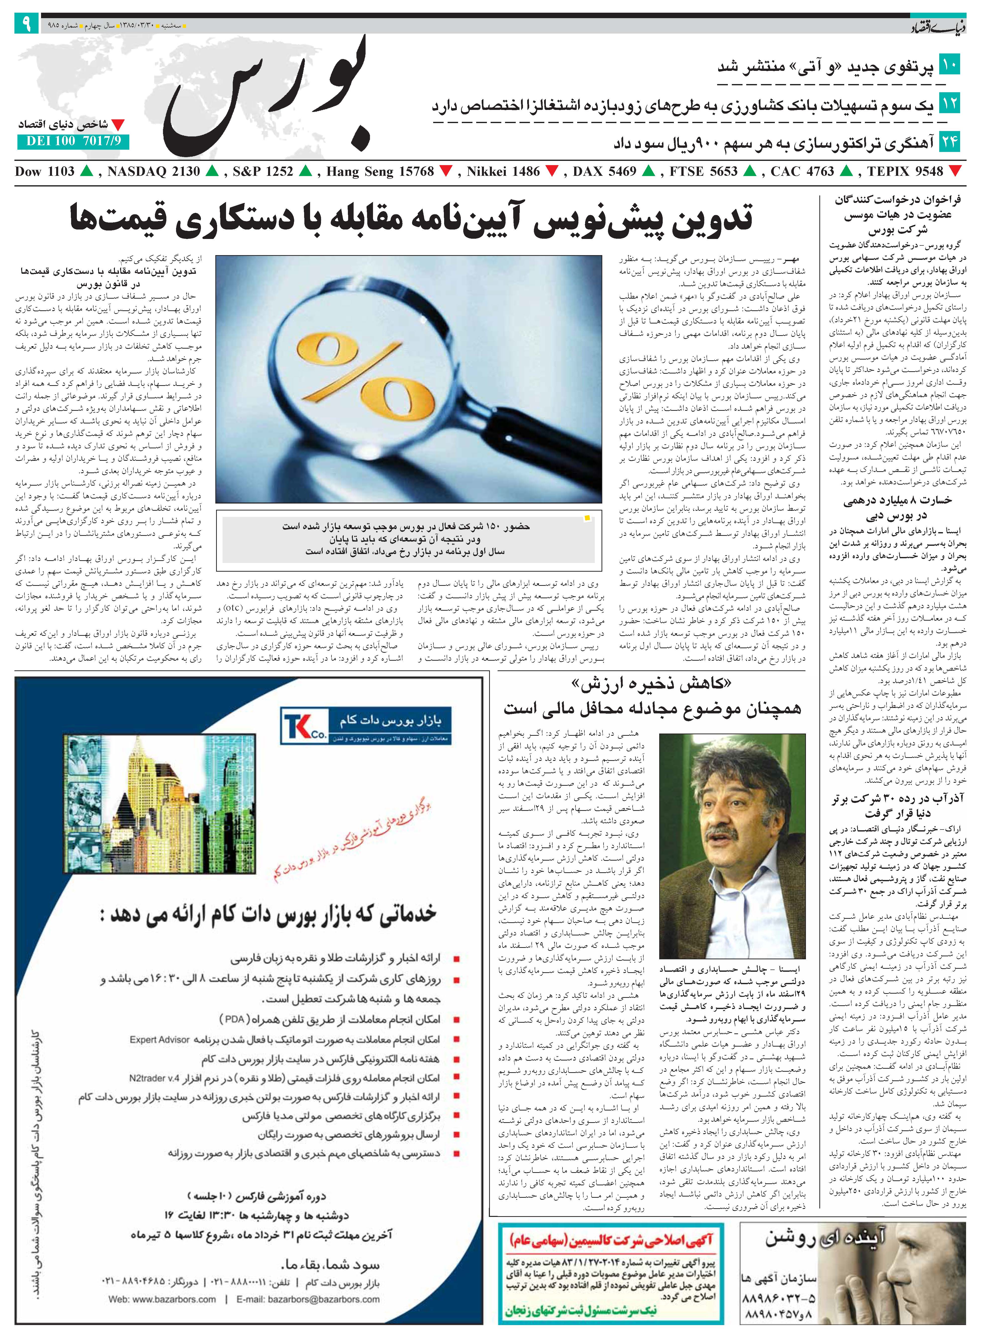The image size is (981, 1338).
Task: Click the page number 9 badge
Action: [x=27, y=24]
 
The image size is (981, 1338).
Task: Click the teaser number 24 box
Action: [x=949, y=142]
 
